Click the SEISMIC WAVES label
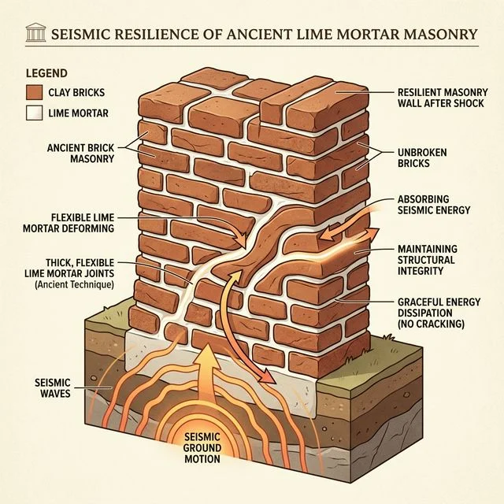pos(50,387)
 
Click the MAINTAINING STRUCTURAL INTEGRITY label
pos(426,261)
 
